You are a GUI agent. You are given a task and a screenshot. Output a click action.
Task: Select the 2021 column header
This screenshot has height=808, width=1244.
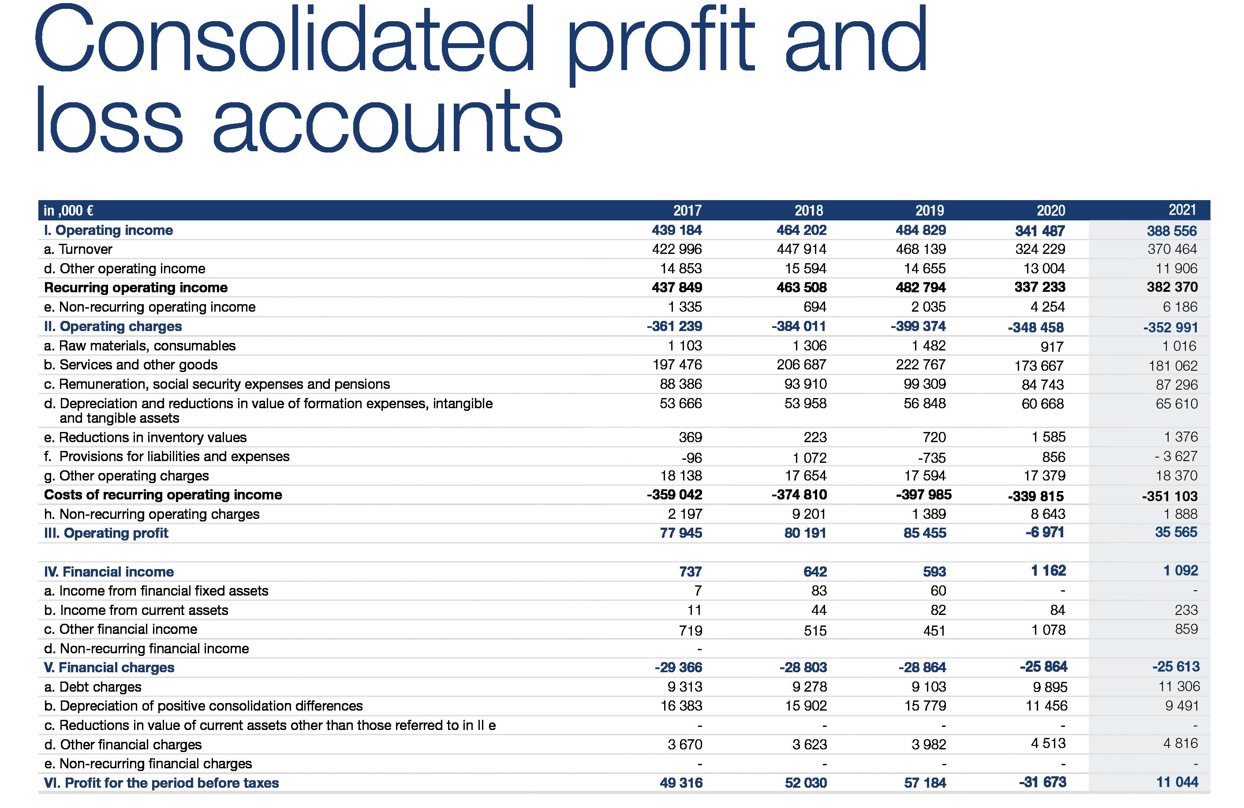tap(1182, 210)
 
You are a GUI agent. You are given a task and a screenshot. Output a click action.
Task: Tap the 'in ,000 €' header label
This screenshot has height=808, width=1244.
tap(68, 211)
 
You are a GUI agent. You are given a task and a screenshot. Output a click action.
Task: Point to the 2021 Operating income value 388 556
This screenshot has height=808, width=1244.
tap(1172, 231)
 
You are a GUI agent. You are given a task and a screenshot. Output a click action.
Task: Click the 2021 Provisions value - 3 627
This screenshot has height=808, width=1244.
tap(1176, 457)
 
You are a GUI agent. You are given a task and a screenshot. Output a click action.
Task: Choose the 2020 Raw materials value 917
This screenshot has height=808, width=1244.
tap(1052, 346)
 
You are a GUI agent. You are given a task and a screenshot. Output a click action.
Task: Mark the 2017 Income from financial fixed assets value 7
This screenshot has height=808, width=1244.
tap(697, 591)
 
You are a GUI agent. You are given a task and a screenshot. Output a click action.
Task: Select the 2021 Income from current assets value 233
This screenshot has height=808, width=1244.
tap(1186, 610)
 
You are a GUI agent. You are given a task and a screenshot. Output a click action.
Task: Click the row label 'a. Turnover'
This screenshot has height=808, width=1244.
tap(78, 249)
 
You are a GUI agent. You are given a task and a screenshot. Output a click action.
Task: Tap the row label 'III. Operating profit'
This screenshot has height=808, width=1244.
tap(106, 533)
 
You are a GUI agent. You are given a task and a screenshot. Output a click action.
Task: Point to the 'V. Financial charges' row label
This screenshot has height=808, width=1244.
tap(109, 667)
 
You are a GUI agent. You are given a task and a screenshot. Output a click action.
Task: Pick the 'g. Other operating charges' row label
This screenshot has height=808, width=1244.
tap(126, 476)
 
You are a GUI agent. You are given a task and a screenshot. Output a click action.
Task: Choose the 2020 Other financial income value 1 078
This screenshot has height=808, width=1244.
tap(1049, 630)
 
